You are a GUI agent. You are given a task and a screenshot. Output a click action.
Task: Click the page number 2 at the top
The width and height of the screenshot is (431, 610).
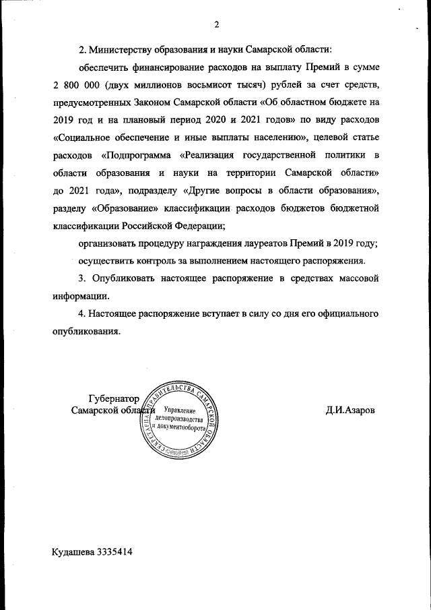(x=217, y=26)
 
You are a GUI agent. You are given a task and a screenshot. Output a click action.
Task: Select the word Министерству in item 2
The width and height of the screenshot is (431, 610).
(x=127, y=50)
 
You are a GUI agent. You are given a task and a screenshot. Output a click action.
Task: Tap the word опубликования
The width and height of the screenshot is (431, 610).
(x=86, y=331)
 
